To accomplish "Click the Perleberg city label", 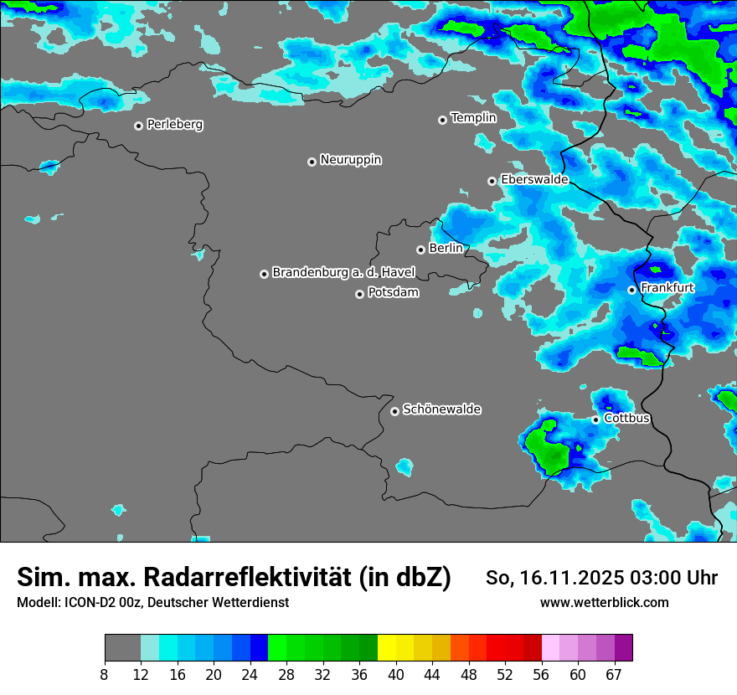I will [174, 125].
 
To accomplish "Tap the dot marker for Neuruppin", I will [312, 162].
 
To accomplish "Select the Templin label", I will [473, 118].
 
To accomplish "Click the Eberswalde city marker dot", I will [492, 181].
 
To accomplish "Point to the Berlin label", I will [446, 249].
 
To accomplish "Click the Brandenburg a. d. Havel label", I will [343, 273].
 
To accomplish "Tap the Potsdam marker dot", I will [359, 294].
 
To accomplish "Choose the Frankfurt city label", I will [667, 288].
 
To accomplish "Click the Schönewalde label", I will [441, 409].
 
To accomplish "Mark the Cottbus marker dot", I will [595, 420].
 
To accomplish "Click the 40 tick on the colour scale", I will [395, 673].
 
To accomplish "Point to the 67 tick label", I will [614, 673].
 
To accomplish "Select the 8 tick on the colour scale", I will [105, 673].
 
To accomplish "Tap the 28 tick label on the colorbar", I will [286, 673].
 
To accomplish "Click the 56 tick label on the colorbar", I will [541, 673].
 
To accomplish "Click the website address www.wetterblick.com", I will [604, 603].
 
